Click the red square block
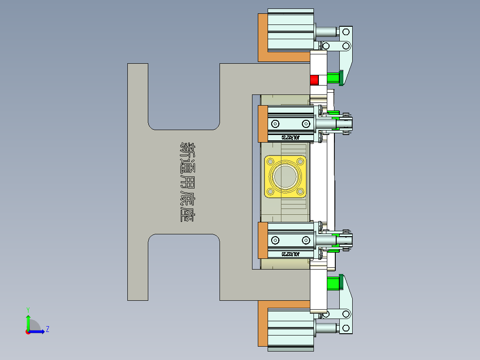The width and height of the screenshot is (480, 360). point(314,80)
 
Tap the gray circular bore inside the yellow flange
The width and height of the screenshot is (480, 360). point(285,176)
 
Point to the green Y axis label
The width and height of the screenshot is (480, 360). point(28,309)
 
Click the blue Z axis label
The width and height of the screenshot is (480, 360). point(47,329)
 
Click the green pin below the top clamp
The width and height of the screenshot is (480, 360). point(333,78)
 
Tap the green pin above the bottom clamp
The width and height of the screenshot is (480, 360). point(333,283)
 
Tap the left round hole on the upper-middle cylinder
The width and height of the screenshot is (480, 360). point(275,123)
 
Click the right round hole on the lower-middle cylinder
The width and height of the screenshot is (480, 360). point(305,241)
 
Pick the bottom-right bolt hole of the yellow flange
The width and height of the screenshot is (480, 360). point(301,192)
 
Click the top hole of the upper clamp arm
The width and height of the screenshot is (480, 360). point(346,32)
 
